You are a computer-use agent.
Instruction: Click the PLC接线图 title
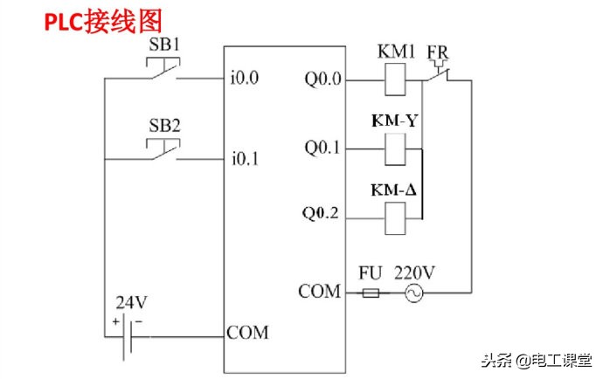click(104, 22)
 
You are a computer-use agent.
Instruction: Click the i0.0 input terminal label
click(246, 79)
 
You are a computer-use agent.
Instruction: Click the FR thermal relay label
click(439, 52)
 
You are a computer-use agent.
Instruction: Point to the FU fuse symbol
click(371, 294)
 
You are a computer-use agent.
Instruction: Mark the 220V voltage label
click(414, 272)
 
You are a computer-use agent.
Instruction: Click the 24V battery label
click(132, 303)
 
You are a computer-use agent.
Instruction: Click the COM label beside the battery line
click(247, 333)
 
